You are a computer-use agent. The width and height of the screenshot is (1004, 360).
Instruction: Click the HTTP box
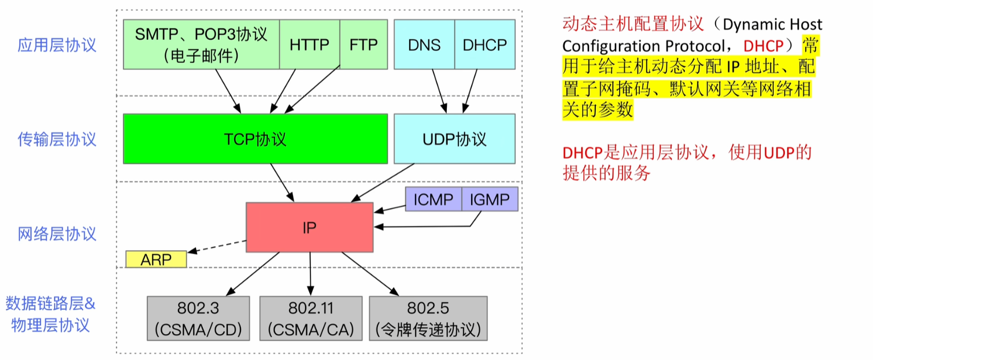[x=309, y=44]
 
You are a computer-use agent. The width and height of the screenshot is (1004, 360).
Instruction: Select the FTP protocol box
[x=363, y=44]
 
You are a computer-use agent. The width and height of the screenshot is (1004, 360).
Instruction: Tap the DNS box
[x=424, y=44]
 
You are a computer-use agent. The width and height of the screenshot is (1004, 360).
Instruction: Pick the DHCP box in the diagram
[x=484, y=44]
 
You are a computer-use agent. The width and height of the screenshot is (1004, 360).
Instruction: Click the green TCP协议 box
[x=255, y=139]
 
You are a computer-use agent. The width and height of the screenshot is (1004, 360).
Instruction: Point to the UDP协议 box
[x=454, y=139]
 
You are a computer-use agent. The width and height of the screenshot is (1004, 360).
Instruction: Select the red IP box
[x=309, y=227]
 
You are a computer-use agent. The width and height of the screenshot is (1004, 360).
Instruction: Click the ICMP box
[x=433, y=199]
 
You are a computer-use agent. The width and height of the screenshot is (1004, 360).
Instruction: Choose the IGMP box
[x=490, y=199]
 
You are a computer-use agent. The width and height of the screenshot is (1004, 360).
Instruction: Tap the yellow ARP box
[x=156, y=259]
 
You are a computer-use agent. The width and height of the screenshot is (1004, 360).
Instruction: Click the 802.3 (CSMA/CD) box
[x=198, y=318]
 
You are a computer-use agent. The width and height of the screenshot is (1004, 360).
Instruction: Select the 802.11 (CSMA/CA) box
[x=311, y=318]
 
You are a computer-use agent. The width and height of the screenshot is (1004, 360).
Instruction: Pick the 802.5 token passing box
[x=428, y=318]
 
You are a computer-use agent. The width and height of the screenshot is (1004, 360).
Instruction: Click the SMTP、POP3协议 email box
[x=201, y=44]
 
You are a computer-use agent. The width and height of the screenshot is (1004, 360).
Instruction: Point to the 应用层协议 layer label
[x=57, y=45]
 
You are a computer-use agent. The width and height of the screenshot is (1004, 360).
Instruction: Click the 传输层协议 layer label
[x=57, y=139]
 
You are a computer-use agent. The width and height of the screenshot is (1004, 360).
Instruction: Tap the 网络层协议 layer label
[x=57, y=234]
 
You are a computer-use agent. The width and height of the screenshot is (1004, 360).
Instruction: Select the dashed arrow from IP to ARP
[x=217, y=247]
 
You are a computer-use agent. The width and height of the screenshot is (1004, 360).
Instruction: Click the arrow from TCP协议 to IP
[x=283, y=183]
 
